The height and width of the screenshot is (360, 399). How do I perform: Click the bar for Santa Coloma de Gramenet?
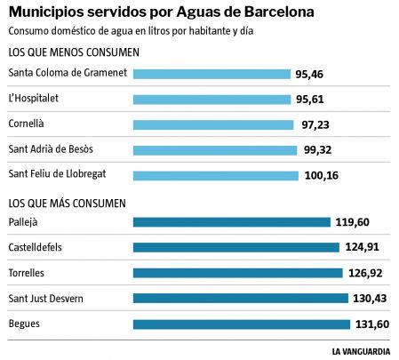click(211, 74)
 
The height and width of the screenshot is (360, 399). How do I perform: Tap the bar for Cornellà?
click(212, 124)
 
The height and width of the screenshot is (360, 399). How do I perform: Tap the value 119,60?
click(353, 222)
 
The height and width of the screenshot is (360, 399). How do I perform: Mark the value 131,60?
click(371, 324)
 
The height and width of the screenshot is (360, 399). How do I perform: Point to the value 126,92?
click(364, 273)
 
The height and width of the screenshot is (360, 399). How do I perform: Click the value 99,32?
click(317, 150)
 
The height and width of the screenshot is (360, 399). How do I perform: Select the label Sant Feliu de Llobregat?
click(57, 173)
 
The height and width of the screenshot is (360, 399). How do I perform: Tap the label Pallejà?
click(24, 221)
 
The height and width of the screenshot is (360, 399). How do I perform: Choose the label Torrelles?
click(27, 272)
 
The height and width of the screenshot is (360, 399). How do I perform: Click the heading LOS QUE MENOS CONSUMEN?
click(73, 52)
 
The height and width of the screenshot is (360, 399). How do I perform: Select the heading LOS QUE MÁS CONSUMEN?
click(68, 204)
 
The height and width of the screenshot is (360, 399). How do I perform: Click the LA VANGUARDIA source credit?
click(361, 351)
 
